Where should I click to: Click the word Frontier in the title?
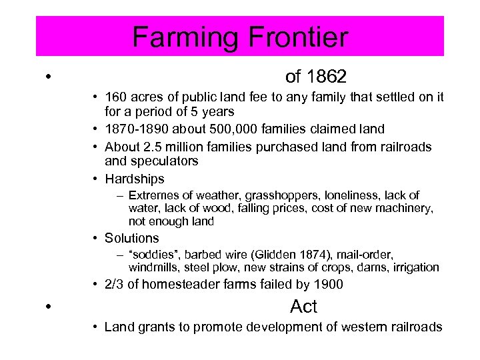tap(291, 37)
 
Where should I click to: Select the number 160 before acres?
tap(115, 98)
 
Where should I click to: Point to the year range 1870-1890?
tap(135, 129)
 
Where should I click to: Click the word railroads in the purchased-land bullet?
tap(404, 146)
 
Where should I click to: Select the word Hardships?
tap(134, 179)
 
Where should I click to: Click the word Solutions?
tap(132, 238)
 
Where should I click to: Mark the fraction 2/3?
tap(115, 285)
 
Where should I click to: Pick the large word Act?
tap(304, 307)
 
